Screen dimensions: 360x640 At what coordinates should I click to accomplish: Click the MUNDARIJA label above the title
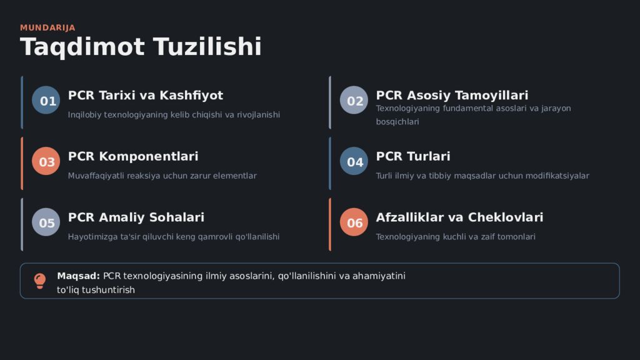[47, 27]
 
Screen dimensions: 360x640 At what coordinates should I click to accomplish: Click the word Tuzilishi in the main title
[207, 47]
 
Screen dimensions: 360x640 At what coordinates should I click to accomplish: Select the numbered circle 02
[355, 101]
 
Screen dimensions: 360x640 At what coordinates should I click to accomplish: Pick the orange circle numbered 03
[46, 162]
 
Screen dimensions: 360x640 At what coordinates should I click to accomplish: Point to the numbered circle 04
[355, 162]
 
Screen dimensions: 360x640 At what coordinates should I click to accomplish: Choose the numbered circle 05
[46, 222]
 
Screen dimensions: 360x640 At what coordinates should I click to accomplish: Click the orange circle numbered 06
[354, 222]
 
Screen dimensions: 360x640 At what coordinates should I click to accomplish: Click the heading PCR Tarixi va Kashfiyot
[145, 96]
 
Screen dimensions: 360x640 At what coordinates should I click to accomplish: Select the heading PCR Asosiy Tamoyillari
[452, 96]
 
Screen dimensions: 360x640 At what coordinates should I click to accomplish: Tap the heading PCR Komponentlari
[132, 156]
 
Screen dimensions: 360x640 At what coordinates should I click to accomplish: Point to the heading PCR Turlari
[412, 156]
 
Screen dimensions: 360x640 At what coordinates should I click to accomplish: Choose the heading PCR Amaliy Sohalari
[136, 217]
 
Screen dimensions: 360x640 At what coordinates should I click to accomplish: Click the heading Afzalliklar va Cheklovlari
[459, 217]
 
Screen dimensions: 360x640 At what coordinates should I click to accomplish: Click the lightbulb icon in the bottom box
[39, 281]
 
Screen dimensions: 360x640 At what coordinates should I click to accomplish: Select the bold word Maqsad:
[78, 276]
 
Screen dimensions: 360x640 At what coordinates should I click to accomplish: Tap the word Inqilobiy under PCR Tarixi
[84, 115]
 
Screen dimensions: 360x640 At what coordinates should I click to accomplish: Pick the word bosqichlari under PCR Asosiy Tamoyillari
[397, 122]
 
